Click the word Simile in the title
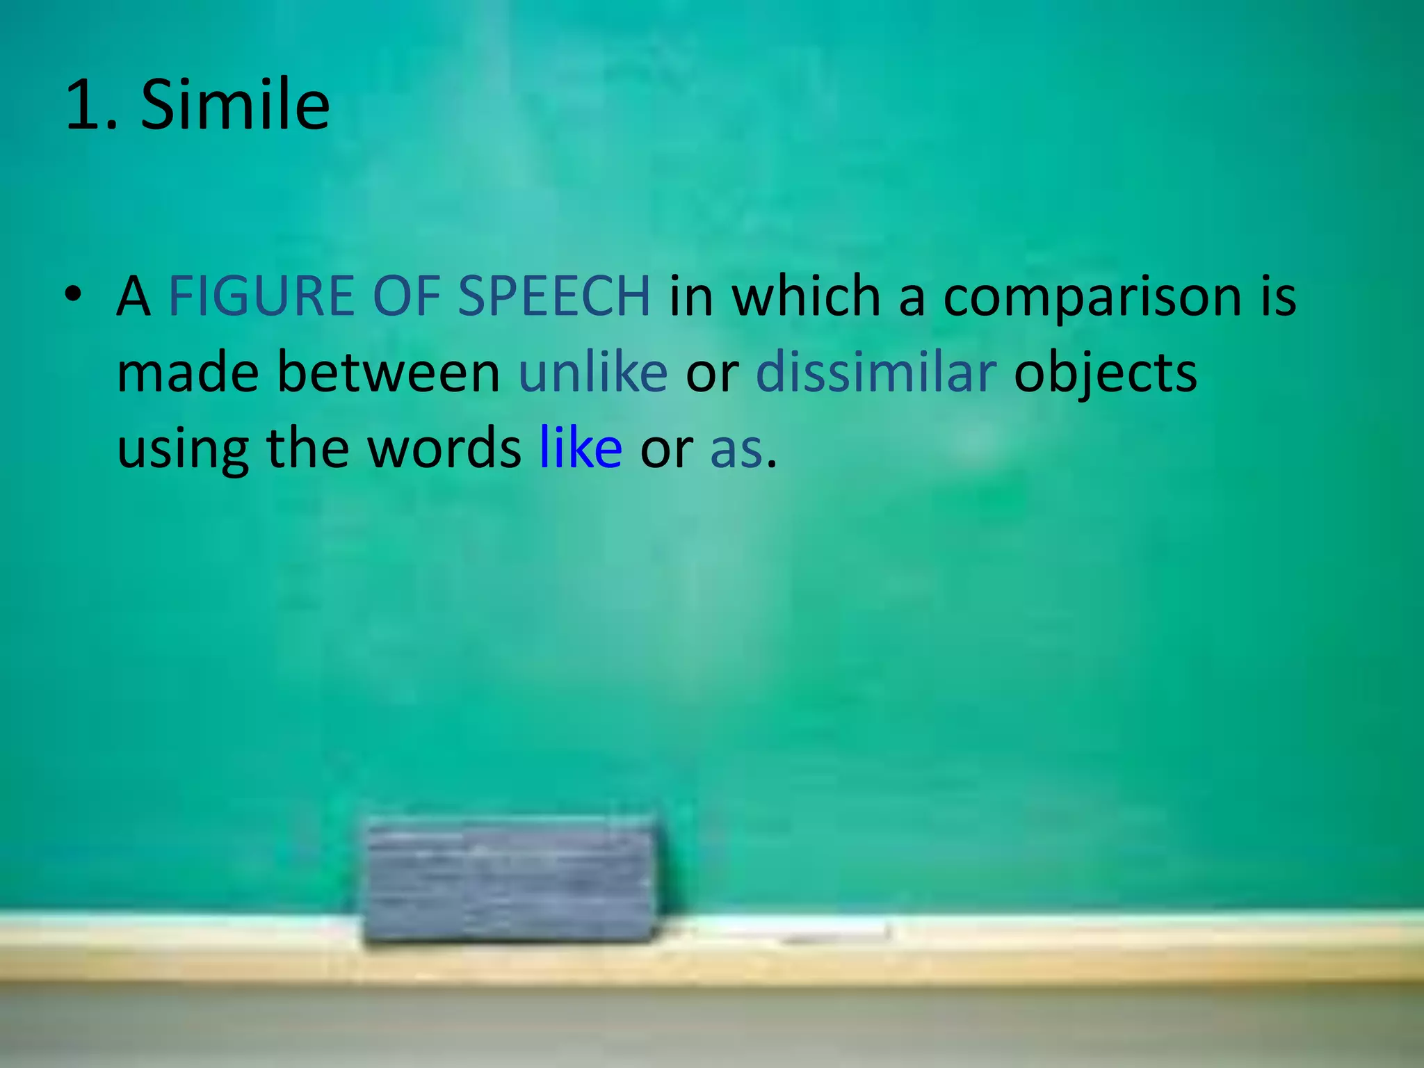coord(235,105)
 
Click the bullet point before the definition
coord(72,295)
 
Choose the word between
coord(388,373)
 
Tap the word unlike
coord(593,373)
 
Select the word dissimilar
coord(876,373)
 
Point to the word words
coord(444,448)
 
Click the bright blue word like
coord(581,448)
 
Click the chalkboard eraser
coord(510,882)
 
